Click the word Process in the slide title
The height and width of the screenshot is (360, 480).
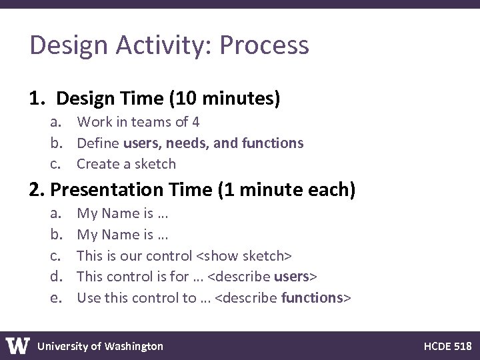click(264, 46)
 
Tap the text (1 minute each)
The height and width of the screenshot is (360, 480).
click(287, 191)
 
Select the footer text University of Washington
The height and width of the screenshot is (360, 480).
click(100, 345)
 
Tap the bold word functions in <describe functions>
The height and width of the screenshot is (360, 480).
click(311, 297)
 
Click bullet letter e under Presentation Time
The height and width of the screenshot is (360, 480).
click(55, 297)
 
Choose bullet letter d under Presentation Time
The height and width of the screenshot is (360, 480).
click(55, 276)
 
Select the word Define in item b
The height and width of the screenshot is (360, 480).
click(98, 143)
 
